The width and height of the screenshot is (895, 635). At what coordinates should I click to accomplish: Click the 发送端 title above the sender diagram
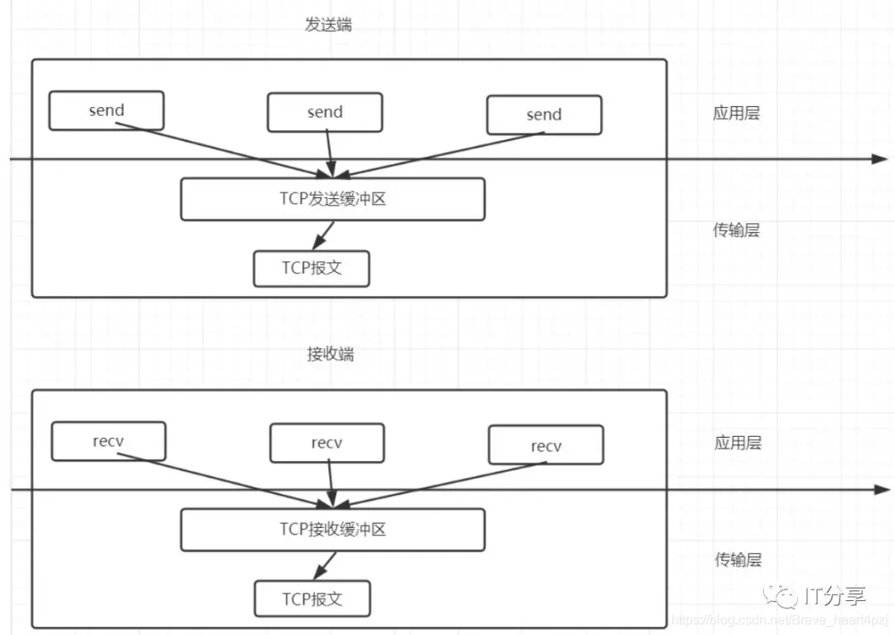point(328,24)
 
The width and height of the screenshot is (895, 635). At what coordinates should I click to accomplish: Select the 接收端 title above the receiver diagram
point(330,354)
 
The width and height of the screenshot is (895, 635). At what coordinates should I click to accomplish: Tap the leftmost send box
point(106,110)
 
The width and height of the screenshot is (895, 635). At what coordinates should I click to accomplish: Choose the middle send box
point(325,112)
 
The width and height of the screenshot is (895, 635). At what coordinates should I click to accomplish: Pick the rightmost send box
point(544,115)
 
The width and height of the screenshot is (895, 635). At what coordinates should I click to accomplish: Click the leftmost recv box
point(109,441)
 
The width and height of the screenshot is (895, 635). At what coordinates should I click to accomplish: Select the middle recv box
point(327,443)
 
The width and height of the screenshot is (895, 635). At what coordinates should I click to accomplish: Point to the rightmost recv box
point(546,446)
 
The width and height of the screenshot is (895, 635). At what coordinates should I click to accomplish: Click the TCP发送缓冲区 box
point(332,200)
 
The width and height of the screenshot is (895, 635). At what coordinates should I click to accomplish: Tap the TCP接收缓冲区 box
point(332,530)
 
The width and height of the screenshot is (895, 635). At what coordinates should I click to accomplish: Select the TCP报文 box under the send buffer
point(311,269)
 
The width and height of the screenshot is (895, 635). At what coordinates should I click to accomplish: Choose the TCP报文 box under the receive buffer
point(312,599)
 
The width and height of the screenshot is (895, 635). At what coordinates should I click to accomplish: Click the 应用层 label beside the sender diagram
point(736,114)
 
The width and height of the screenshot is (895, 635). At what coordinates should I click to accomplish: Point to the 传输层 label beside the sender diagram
point(736,230)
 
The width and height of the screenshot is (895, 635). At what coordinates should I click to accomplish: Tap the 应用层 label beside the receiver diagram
point(738,443)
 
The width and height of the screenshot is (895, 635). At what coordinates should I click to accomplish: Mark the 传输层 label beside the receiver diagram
point(738,560)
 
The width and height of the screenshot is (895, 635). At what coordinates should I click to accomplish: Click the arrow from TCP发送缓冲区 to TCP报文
point(323,235)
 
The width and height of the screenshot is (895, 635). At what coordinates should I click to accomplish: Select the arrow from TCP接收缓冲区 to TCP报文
point(324,565)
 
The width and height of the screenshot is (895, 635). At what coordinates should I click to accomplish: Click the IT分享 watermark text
point(835,596)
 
